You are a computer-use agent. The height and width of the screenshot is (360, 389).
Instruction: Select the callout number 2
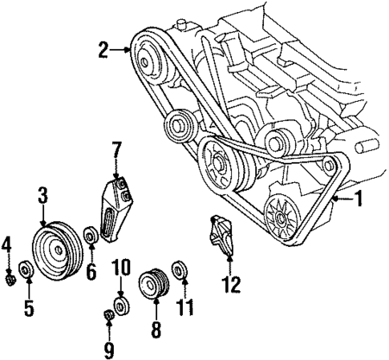click(103, 51)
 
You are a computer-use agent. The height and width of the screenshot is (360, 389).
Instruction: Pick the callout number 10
click(120, 266)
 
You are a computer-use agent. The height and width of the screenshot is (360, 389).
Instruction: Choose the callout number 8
click(156, 328)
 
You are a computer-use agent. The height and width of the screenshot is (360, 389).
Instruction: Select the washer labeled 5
click(25, 270)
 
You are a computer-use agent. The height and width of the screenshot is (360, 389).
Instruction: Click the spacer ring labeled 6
click(91, 237)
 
